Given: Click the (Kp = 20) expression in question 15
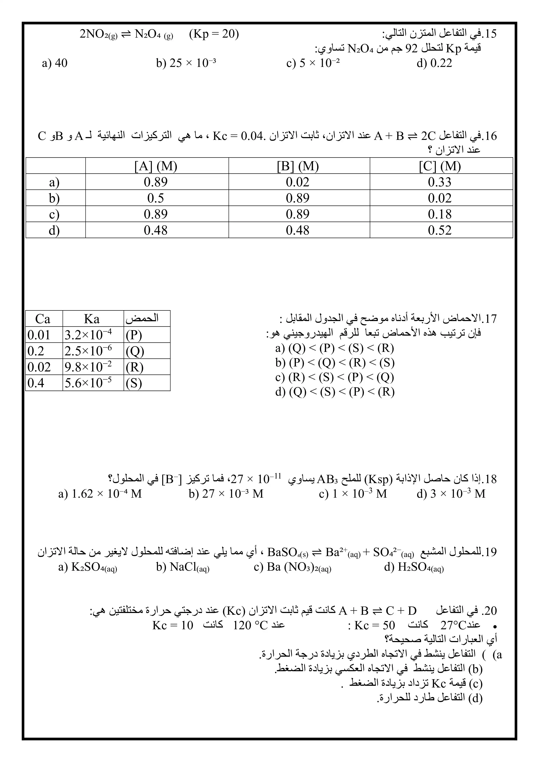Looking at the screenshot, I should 214,34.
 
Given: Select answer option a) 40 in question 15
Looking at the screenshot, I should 55,63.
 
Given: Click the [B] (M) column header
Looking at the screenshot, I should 298,166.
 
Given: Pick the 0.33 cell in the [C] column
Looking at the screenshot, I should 439,182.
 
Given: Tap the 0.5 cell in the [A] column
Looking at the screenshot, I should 156,198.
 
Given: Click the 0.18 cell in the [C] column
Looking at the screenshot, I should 439,214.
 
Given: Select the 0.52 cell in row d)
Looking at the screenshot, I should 439,230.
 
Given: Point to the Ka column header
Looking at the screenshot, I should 92,319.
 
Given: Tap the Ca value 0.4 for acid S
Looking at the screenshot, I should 36,383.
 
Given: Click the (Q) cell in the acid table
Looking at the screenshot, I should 135,351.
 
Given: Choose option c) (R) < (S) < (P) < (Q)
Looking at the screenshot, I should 335,377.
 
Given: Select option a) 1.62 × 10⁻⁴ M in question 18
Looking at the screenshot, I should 100,494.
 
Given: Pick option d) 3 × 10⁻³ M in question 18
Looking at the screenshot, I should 451,494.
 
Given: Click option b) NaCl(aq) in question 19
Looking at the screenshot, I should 182,567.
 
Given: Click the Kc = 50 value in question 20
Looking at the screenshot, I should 374,625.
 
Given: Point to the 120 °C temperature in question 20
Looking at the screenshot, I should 250,625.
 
